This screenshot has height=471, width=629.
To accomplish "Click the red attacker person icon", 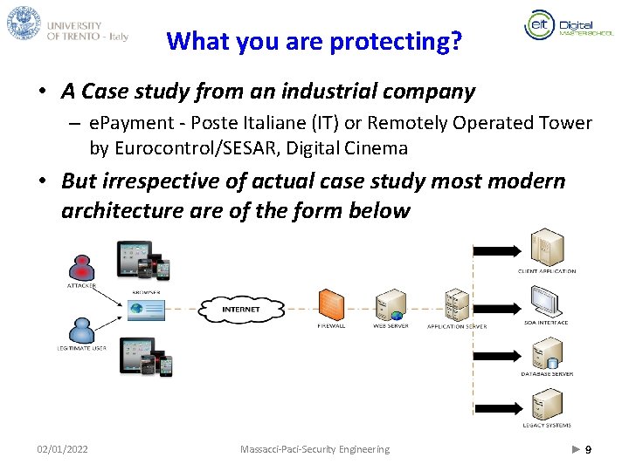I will [x=81, y=265].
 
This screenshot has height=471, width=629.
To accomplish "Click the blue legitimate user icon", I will [x=81, y=330].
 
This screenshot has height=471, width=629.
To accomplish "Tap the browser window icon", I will [x=146, y=308].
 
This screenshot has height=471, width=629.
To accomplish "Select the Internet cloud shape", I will [x=241, y=309].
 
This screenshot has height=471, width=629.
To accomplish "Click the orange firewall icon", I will [x=330, y=305].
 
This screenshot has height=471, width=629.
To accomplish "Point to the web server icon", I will [x=390, y=305].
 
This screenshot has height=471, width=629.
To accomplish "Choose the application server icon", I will [x=456, y=304].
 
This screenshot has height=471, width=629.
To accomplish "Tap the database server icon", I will [x=547, y=352].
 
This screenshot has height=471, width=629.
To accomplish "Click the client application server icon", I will [x=547, y=249].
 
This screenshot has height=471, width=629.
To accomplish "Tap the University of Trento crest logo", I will [x=24, y=24].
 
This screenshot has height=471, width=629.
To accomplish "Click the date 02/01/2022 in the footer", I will [x=62, y=449].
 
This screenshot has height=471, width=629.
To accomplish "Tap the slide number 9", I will [x=588, y=449].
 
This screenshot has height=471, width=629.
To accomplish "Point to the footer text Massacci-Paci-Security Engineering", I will [x=314, y=449].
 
